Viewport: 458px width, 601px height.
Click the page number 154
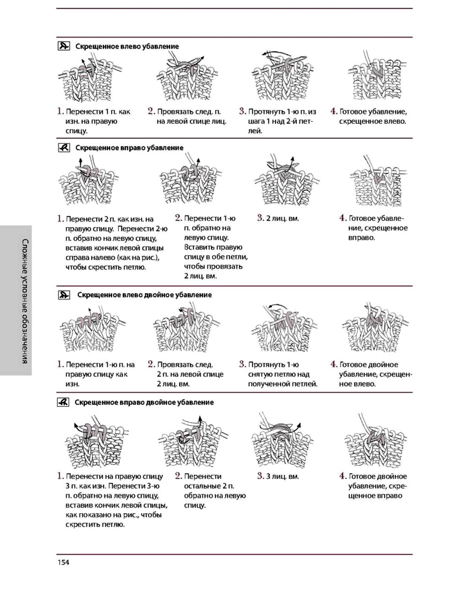[63, 562]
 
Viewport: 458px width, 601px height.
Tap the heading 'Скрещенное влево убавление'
[127, 46]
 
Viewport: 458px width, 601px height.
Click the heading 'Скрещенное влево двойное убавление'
[144, 295]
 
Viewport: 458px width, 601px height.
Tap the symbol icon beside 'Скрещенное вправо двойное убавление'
[63, 402]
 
